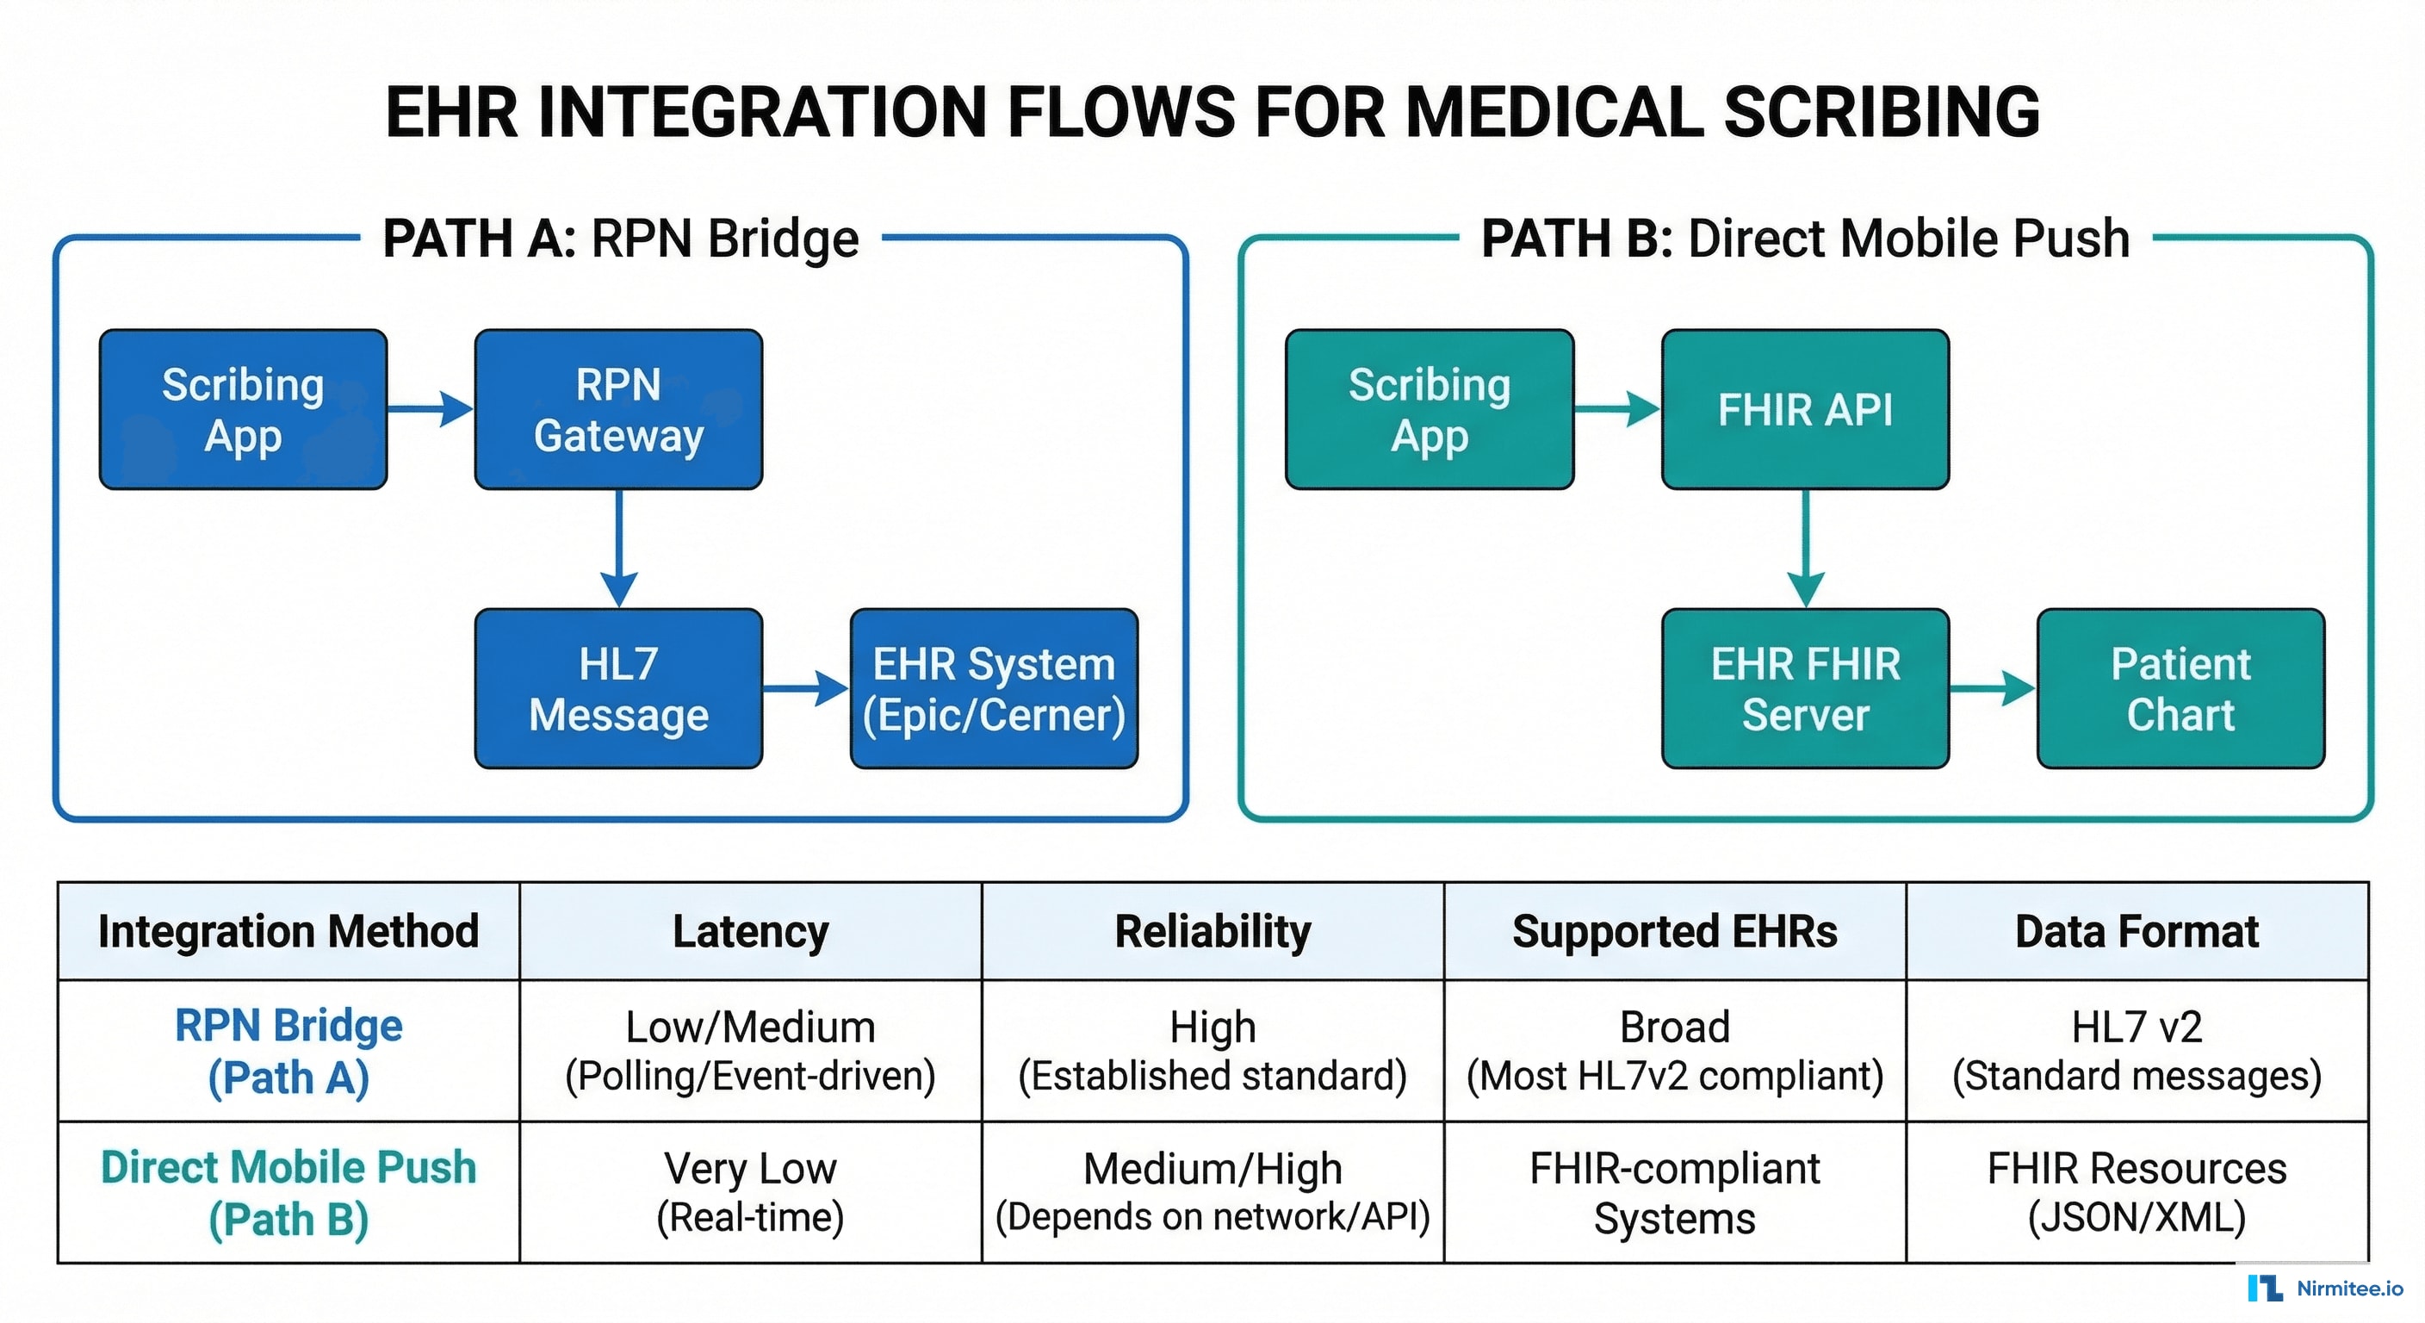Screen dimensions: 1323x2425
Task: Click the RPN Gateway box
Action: click(618, 410)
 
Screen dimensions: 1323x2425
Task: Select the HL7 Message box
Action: click(618, 689)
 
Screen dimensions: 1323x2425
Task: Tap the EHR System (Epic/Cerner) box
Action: click(994, 689)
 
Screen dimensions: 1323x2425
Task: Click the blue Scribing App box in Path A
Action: click(243, 410)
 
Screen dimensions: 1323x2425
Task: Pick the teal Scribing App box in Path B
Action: click(1429, 410)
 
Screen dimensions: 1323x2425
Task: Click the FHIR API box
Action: click(1805, 410)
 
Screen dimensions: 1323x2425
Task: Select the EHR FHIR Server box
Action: click(1805, 689)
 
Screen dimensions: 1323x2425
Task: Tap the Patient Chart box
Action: click(2180, 689)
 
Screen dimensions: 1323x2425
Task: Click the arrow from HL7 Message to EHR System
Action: click(805, 689)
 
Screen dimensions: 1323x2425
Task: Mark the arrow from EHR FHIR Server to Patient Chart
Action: click(1991, 689)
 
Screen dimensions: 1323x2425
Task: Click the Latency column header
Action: click(750, 931)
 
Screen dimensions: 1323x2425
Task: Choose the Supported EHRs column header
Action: click(1675, 931)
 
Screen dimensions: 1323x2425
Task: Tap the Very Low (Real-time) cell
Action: click(750, 1192)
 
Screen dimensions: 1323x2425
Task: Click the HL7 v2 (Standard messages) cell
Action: click(2137, 1051)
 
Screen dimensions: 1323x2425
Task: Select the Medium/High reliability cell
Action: click(1212, 1192)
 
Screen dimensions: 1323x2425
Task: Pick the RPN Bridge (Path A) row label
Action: click(288, 1051)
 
